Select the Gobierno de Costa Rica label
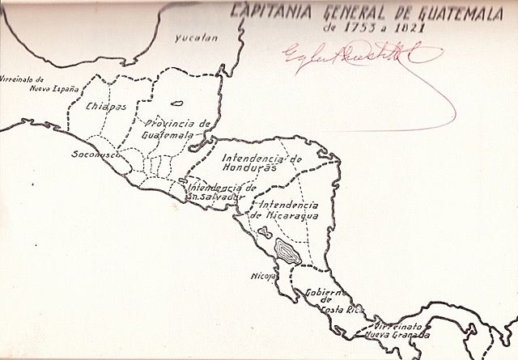[327, 300]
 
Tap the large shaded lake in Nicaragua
[287, 251]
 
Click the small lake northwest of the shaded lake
[263, 233]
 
